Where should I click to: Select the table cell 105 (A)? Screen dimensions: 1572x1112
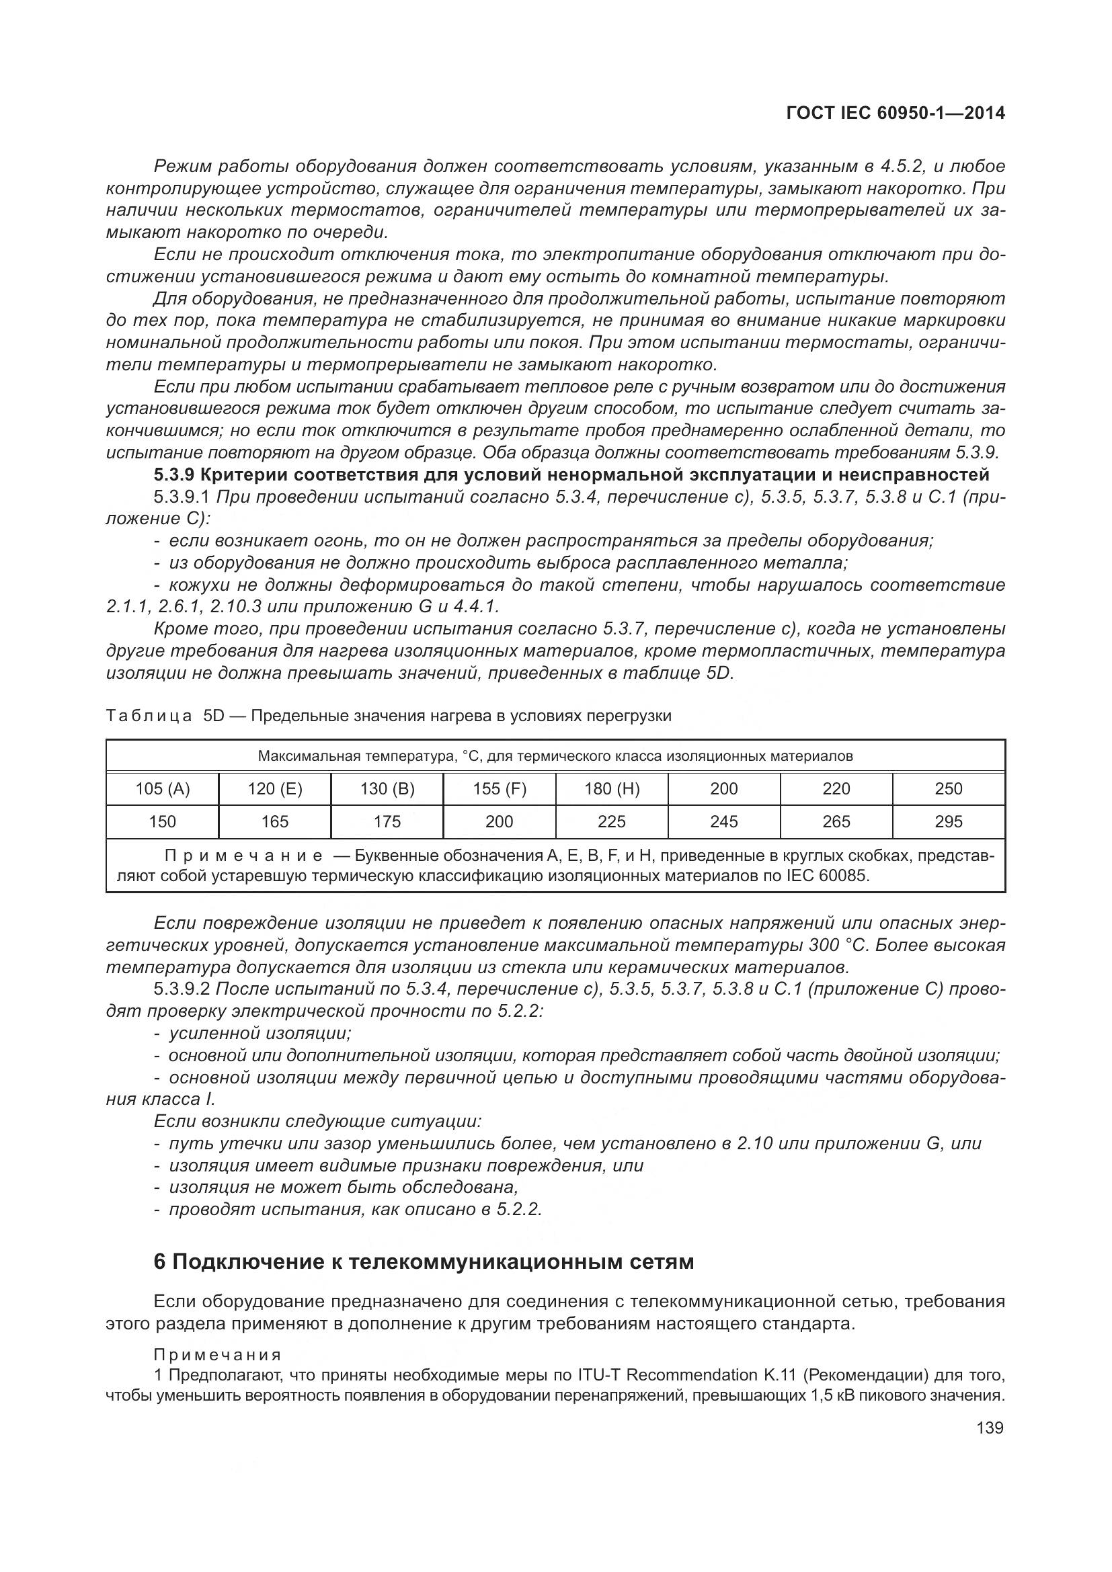(162, 789)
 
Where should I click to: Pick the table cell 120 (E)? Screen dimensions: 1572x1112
(274, 789)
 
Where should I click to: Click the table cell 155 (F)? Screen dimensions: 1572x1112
(499, 789)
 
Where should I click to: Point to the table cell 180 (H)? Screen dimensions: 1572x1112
(611, 789)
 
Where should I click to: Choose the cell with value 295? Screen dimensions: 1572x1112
(949, 821)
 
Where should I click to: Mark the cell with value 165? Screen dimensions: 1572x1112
(274, 821)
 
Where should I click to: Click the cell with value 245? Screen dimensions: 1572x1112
(724, 821)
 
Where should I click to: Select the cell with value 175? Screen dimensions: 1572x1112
(387, 821)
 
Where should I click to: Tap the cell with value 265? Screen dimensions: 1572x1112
(836, 821)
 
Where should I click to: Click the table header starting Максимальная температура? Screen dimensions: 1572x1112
(555, 757)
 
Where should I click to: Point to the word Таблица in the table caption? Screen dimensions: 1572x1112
(149, 716)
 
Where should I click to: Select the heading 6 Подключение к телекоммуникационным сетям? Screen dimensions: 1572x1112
(424, 1261)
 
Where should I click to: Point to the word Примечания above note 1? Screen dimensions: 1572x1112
(218, 1355)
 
